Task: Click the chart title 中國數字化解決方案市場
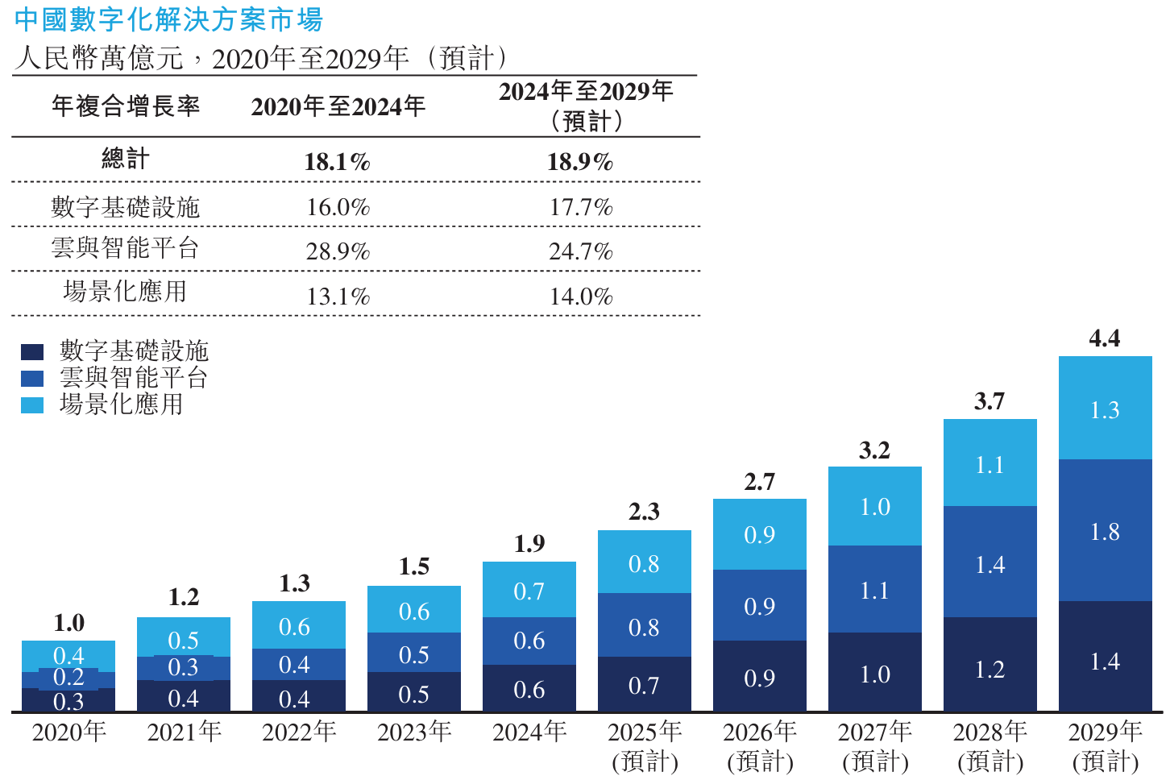coord(168,19)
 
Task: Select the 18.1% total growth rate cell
coord(337,162)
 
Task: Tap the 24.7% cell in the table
coord(580,251)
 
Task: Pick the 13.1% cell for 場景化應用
coord(338,297)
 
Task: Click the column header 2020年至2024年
coord(338,106)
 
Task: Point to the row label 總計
coord(126,160)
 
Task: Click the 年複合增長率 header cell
coord(126,106)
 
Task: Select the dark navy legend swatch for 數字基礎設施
coord(32,352)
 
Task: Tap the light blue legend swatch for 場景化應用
coord(32,405)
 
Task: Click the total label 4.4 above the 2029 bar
coord(1104,338)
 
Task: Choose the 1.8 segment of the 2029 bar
coord(1105,531)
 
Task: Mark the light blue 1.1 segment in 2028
coord(990,464)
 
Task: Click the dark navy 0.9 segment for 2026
coord(759,678)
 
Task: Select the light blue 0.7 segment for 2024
coord(529,591)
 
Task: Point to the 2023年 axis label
coord(414,732)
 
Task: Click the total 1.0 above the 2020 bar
coord(68,623)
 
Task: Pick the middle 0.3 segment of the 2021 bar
coord(184,667)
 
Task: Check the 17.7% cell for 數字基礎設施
coord(580,207)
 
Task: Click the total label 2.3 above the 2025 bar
coord(644,512)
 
